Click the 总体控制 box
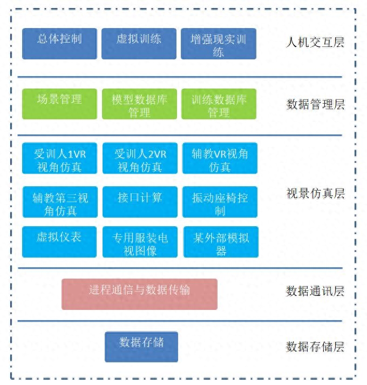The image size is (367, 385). pyautogui.click(x=60, y=44)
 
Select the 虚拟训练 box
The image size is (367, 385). pyautogui.click(x=139, y=44)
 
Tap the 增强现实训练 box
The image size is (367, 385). pyautogui.click(x=219, y=44)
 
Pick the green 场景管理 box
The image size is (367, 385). pyautogui.click(x=60, y=104)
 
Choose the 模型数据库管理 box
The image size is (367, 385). pyautogui.click(x=139, y=104)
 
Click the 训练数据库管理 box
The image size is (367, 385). pyautogui.click(x=219, y=104)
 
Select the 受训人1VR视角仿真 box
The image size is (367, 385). pyautogui.click(x=60, y=158)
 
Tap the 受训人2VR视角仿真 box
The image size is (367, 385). pyautogui.click(x=140, y=158)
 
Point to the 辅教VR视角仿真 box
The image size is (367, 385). pyautogui.click(x=220, y=158)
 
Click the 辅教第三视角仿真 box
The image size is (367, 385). pyautogui.click(x=60, y=202)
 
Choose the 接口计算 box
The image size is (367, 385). pyautogui.click(x=140, y=202)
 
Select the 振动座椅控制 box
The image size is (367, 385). pyautogui.click(x=220, y=202)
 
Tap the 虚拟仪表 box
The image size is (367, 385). pyautogui.click(x=59, y=242)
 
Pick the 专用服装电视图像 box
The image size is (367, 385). pyautogui.click(x=140, y=242)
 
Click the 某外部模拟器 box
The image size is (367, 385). pyautogui.click(x=221, y=242)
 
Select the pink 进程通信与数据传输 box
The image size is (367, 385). pyautogui.click(x=139, y=294)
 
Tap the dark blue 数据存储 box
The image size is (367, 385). pyautogui.click(x=141, y=347)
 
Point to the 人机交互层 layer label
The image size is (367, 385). pyautogui.click(x=315, y=42)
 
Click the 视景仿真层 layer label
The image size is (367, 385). pyautogui.click(x=316, y=193)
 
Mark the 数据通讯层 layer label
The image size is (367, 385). pyautogui.click(x=315, y=291)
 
